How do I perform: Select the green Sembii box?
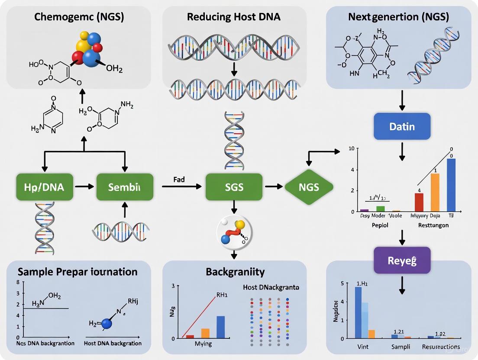(125, 187)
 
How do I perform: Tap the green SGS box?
(234, 187)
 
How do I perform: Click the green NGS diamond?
(309, 187)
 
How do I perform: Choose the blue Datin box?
(402, 127)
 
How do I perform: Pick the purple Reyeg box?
(402, 260)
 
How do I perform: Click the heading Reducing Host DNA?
(234, 17)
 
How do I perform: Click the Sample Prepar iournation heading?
(78, 272)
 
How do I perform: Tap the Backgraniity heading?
(235, 272)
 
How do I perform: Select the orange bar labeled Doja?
(435, 192)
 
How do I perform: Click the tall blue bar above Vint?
(358, 312)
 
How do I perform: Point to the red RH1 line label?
(221, 296)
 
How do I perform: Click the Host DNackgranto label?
(271, 287)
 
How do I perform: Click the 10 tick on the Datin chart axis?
(351, 149)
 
